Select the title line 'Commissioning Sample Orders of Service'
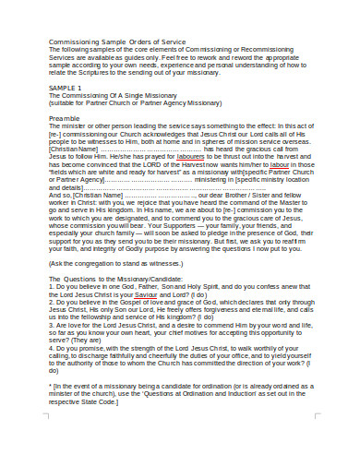coord(117,42)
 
